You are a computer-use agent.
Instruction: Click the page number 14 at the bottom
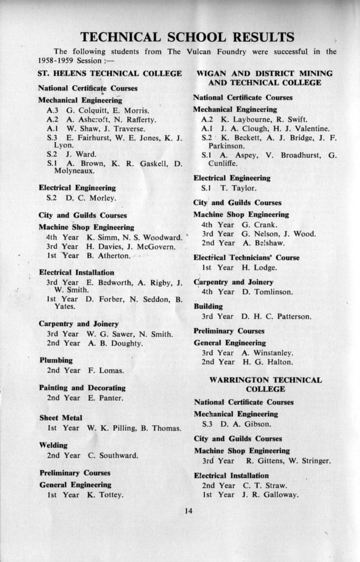pos(188,511)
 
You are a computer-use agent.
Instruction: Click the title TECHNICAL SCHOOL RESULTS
pos(187,38)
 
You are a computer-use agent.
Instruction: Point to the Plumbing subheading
pos(56,360)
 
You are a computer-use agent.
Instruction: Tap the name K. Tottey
pos(105,495)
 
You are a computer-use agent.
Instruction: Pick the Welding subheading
pos(54,445)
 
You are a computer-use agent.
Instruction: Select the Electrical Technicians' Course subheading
pos(246,257)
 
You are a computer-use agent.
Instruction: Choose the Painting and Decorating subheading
pos(82,388)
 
